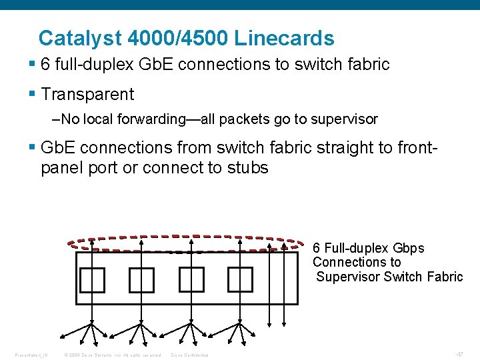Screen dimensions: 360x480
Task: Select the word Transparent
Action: point(87,95)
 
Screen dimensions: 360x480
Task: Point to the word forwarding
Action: point(148,120)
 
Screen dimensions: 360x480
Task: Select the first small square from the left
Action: point(92,279)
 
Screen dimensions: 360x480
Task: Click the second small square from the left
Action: point(141,279)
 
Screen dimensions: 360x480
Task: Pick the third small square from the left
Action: point(191,279)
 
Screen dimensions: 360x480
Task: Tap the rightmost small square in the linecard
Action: point(240,279)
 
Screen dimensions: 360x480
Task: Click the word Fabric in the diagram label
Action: point(444,277)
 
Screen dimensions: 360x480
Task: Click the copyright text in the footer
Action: point(112,355)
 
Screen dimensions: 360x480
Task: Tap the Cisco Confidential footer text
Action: point(189,355)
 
